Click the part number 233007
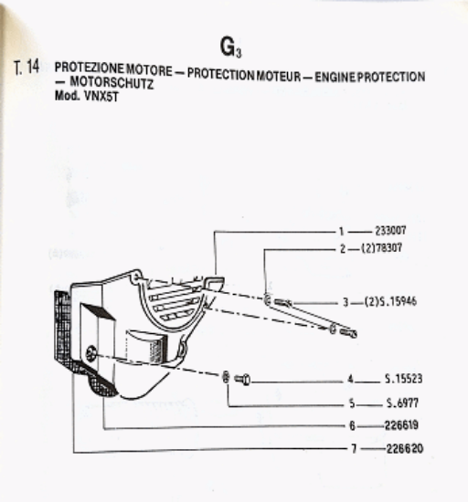pyautogui.click(x=390, y=231)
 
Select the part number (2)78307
pyautogui.click(x=381, y=247)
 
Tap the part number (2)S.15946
pyautogui.click(x=390, y=301)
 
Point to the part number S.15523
pyautogui.click(x=403, y=379)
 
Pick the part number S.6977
pyautogui.click(x=402, y=403)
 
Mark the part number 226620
pyautogui.click(x=405, y=448)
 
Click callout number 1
pyautogui.click(x=341, y=231)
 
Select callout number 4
pyautogui.click(x=350, y=380)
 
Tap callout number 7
pyautogui.click(x=354, y=448)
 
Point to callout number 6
pyautogui.click(x=352, y=426)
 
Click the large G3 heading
pyautogui.click(x=230, y=47)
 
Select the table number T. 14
pyautogui.click(x=27, y=67)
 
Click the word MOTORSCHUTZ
pyautogui.click(x=112, y=82)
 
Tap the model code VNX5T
pyautogui.click(x=101, y=96)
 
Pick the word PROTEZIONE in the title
pyautogui.click(x=89, y=68)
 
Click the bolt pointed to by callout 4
pyautogui.click(x=242, y=380)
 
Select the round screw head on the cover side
pyautogui.click(x=91, y=353)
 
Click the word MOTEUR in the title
pyautogui.click(x=279, y=76)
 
